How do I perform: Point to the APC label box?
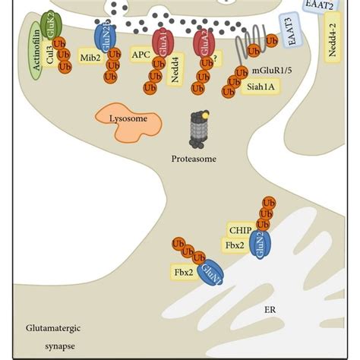(141, 54)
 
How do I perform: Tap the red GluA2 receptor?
(202, 42)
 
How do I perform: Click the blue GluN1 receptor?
(207, 273)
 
